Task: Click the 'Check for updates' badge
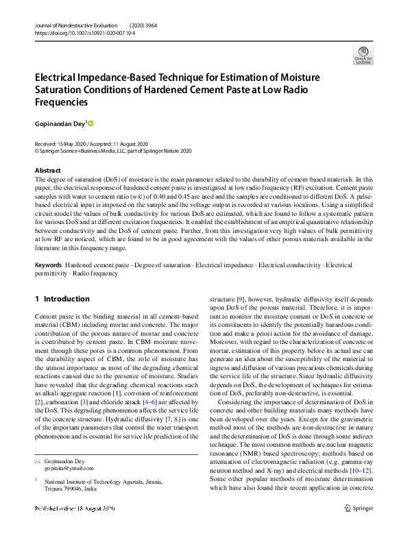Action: [x=363, y=55]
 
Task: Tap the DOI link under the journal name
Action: [x=84, y=32]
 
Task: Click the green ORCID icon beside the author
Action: [x=90, y=123]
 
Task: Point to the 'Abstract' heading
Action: [x=47, y=170]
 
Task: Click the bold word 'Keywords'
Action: [x=49, y=264]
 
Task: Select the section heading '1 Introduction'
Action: [x=62, y=299]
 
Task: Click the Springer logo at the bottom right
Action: [x=359, y=528]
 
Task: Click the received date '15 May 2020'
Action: [x=73, y=143]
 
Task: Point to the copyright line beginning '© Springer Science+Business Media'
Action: [x=113, y=151]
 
